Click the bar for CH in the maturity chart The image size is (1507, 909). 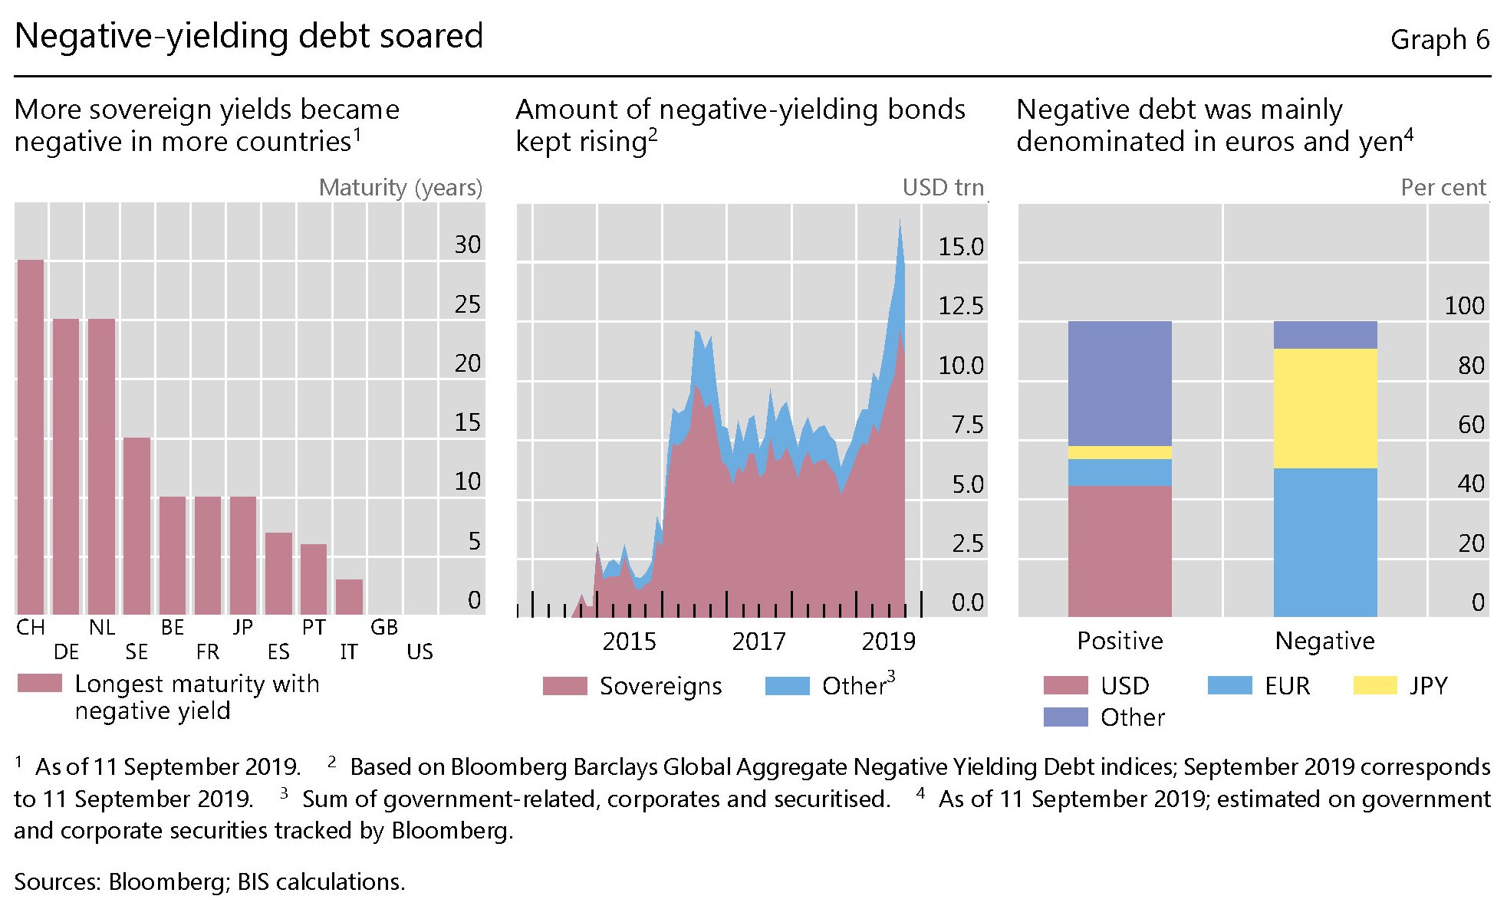click(31, 437)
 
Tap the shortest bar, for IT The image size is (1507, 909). click(349, 597)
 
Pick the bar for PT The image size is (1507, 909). click(314, 579)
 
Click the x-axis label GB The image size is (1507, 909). click(384, 628)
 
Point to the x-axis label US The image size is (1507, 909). click(420, 652)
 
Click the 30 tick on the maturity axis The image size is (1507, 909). click(467, 245)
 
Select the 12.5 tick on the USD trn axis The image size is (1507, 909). click(960, 307)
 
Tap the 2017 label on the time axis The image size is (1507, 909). click(758, 642)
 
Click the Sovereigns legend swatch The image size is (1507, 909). click(564, 686)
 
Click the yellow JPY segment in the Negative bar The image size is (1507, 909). click(1324, 409)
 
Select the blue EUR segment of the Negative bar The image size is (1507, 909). click(1324, 542)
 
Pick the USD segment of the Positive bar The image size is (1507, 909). click(1120, 550)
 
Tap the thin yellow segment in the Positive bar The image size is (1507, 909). click(1120, 452)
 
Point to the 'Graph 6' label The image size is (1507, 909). click(1440, 40)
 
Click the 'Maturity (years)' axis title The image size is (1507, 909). click(400, 188)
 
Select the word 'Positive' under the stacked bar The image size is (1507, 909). click(1120, 641)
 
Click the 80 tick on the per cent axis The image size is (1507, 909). click(1471, 366)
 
